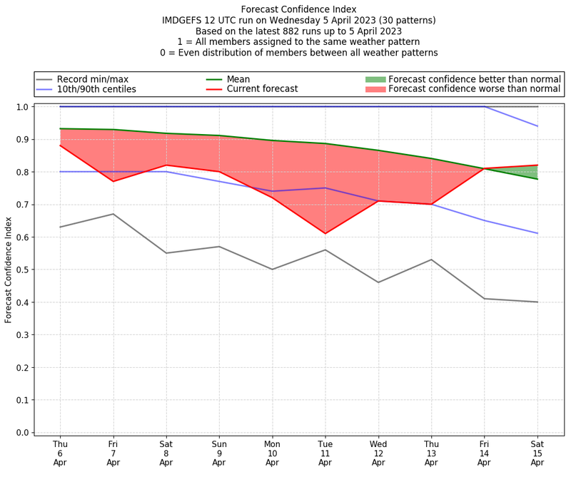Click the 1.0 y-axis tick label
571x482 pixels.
pos(23,107)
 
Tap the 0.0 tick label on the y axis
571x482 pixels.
pos(23,432)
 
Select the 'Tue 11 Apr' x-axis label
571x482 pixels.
pos(325,453)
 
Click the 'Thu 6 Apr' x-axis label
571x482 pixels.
pos(60,453)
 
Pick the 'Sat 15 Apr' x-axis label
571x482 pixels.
pos(537,453)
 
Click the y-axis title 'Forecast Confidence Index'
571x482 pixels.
pos(9,270)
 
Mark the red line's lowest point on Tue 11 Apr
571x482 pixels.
pos(325,233)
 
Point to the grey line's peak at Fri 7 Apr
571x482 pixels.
pos(113,214)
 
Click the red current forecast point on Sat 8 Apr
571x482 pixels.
pos(166,165)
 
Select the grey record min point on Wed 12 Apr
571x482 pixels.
pos(378,282)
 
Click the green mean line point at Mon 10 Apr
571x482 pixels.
pos(272,140)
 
